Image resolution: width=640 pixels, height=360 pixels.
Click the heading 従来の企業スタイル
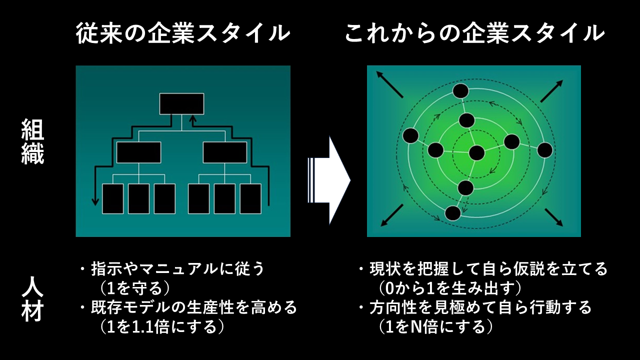(183, 33)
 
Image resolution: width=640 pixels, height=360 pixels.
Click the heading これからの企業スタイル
(474, 33)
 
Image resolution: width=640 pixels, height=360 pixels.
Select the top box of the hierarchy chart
(181, 103)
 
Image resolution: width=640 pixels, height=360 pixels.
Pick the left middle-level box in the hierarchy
(138, 152)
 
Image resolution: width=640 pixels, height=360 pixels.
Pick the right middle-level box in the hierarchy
(224, 152)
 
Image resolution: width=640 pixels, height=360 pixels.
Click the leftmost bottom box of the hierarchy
(112, 198)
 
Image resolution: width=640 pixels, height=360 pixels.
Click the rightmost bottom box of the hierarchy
(250, 198)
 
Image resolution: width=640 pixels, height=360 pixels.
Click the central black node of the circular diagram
(476, 153)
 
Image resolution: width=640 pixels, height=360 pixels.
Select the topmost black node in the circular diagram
(460, 91)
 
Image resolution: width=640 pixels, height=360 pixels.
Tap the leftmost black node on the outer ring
(410, 135)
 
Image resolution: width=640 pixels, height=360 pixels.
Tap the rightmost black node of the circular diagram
(544, 150)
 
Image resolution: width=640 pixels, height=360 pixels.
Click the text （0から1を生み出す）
(450, 287)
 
